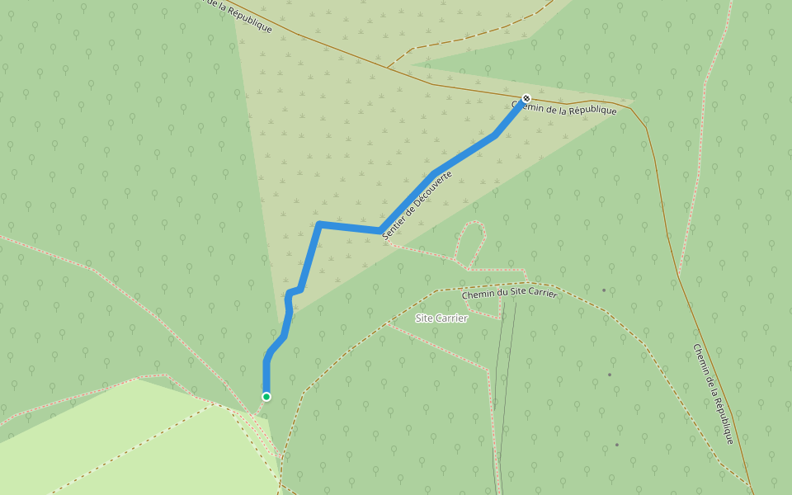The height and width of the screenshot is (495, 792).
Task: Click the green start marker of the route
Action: [266, 397]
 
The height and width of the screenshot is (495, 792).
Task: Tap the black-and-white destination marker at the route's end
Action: [526, 98]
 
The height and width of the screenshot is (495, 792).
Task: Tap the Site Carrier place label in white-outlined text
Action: [441, 318]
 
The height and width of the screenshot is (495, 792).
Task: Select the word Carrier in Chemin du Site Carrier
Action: [541, 293]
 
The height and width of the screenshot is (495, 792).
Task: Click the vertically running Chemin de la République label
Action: [714, 394]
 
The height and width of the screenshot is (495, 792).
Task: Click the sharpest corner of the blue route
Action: [318, 224]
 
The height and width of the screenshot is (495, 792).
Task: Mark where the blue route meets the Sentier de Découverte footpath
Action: [380, 230]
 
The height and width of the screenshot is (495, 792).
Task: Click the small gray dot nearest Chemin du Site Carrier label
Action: [603, 290]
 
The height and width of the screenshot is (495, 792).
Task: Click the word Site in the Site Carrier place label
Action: [424, 318]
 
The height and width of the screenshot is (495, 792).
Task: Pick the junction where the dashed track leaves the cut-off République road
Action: [387, 67]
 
